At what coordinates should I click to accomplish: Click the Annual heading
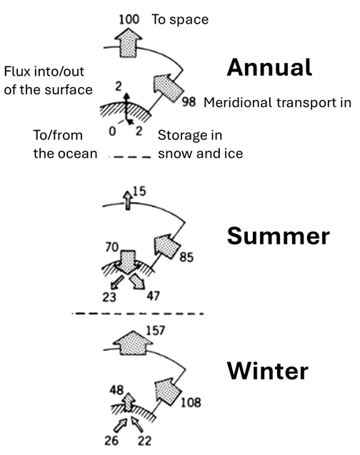pyautogui.click(x=269, y=67)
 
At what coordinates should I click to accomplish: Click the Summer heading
pyautogui.click(x=278, y=236)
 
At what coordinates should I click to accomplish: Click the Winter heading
pyautogui.click(x=267, y=371)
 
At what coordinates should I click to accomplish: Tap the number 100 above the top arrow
pyautogui.click(x=129, y=19)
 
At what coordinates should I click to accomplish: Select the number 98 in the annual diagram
pyautogui.click(x=189, y=102)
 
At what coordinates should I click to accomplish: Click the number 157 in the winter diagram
pyautogui.click(x=155, y=331)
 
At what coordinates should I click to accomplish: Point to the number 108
pyautogui.click(x=191, y=402)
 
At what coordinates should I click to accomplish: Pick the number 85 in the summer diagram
pyautogui.click(x=186, y=257)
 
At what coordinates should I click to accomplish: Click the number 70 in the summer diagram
pyautogui.click(x=112, y=247)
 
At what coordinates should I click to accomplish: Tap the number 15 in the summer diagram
pyautogui.click(x=139, y=191)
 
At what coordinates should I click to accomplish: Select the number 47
pyautogui.click(x=153, y=296)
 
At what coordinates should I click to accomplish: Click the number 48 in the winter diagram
pyautogui.click(x=116, y=390)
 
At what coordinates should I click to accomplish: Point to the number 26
pyautogui.click(x=111, y=441)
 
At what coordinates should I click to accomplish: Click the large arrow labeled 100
pyautogui.click(x=129, y=42)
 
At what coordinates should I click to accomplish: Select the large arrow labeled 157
pyautogui.click(x=133, y=343)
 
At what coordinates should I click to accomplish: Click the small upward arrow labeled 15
pyautogui.click(x=128, y=200)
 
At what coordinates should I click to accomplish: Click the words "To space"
pyautogui.click(x=180, y=19)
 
